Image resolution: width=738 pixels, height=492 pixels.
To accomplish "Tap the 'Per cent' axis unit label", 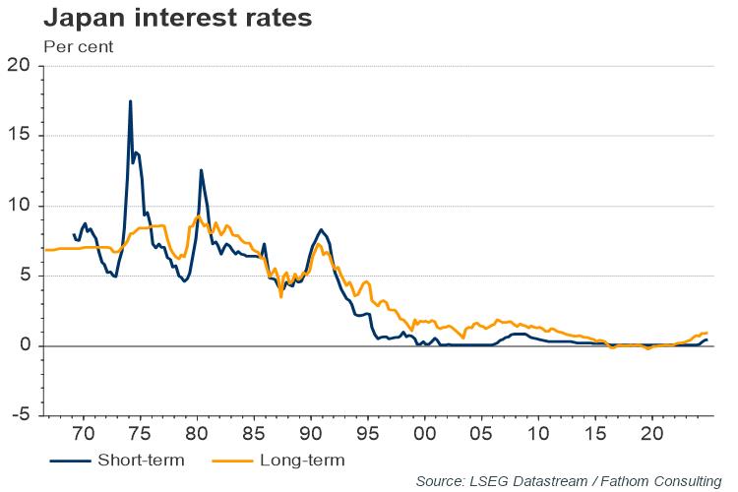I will click(78, 45).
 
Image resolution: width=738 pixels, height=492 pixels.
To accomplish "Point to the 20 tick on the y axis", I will click(21, 66).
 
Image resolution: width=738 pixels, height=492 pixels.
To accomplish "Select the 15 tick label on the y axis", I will click(21, 136).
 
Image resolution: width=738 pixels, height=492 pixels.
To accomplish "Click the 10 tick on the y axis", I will click(21, 206).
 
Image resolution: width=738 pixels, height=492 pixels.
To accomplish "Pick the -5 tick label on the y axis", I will click(21, 415).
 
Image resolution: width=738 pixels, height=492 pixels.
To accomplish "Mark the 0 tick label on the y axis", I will click(26, 345).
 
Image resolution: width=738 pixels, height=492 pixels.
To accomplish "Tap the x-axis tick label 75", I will click(140, 433).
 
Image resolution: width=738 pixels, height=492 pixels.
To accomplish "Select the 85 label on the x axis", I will click(254, 433).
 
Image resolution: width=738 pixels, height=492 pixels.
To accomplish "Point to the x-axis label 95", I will click(368, 433).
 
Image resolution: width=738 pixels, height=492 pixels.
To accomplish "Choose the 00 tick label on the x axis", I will click(425, 433).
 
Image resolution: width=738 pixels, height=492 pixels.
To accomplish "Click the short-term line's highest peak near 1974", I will click(130, 101).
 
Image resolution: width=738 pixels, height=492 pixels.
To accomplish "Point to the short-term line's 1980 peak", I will click(201, 170).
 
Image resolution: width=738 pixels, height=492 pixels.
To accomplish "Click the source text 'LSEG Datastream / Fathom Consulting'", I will click(568, 480).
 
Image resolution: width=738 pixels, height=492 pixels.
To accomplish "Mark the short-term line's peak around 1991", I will click(322, 229).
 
